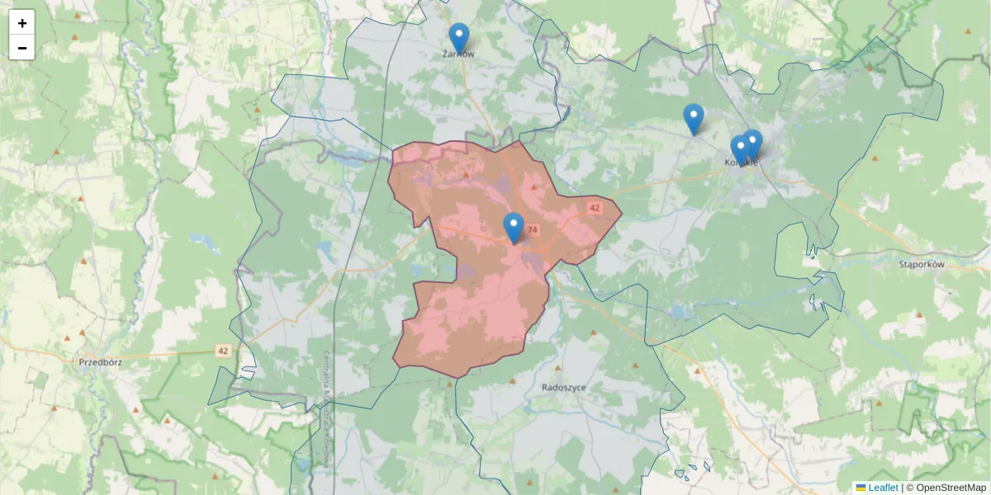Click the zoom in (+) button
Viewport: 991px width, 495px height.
tap(22, 23)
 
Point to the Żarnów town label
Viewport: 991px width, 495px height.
tap(459, 54)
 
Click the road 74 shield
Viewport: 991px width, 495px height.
tap(532, 230)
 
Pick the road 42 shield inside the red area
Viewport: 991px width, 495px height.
tap(595, 208)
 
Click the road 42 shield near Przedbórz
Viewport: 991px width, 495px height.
tap(223, 351)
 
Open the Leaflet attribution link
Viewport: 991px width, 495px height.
tap(883, 488)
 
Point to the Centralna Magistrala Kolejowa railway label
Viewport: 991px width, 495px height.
tap(327, 408)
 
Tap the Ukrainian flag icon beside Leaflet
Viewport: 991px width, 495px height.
tap(861, 488)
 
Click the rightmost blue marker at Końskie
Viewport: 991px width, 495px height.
tap(752, 144)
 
